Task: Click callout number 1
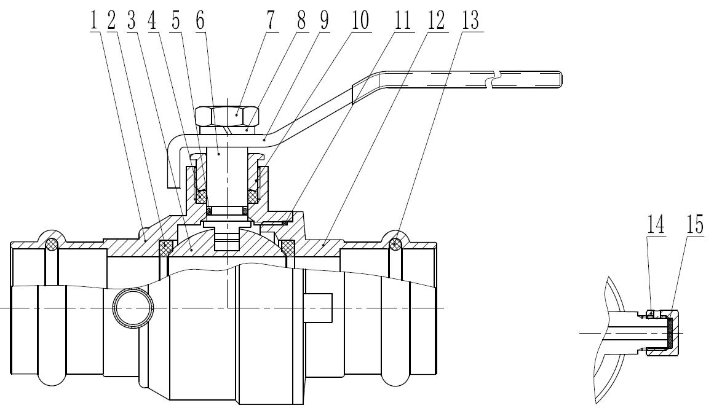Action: tap(93, 20)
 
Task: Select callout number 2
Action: tap(111, 20)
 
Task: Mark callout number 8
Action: tap(301, 20)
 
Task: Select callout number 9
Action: tap(322, 20)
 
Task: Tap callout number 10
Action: tap(359, 20)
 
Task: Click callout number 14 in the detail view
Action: tap(656, 225)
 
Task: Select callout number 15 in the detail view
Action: tap(695, 225)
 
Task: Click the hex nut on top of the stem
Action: tap(227, 115)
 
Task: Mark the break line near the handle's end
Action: tap(496, 79)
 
